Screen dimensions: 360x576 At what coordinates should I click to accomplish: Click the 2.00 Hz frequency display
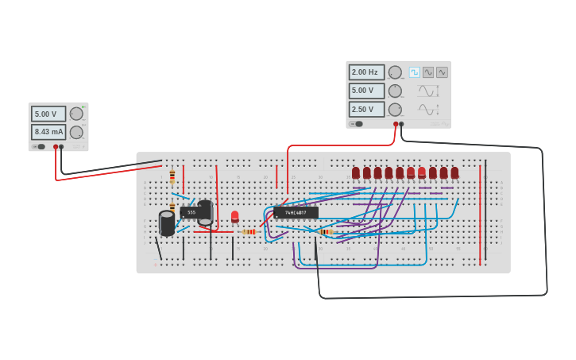[366, 72]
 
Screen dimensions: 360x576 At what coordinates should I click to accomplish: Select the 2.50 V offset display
[366, 110]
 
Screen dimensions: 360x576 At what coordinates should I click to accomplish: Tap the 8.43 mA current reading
[48, 132]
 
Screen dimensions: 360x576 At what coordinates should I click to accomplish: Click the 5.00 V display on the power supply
[48, 114]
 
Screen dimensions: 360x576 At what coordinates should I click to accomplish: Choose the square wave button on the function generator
[415, 72]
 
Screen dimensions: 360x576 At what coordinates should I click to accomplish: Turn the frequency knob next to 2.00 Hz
[395, 72]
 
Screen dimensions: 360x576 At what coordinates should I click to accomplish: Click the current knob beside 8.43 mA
[76, 132]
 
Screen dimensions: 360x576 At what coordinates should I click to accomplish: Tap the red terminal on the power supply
[56, 146]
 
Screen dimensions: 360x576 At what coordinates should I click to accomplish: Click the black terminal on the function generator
[401, 124]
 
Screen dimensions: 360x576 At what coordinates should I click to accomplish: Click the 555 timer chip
[191, 212]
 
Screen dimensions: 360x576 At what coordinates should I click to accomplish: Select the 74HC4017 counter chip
[296, 213]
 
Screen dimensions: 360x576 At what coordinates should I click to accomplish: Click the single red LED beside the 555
[234, 216]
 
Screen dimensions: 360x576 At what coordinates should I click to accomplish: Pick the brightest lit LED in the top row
[422, 172]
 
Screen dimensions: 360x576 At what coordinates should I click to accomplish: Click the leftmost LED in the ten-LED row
[356, 172]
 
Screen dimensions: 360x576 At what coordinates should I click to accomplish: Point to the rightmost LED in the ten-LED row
[454, 172]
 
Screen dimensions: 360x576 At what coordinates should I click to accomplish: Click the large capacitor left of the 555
[167, 223]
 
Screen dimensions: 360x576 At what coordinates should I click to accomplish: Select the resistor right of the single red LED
[249, 231]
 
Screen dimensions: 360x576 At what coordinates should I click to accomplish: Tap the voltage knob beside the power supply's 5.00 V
[76, 114]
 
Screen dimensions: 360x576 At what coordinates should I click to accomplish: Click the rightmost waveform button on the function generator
[442, 72]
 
